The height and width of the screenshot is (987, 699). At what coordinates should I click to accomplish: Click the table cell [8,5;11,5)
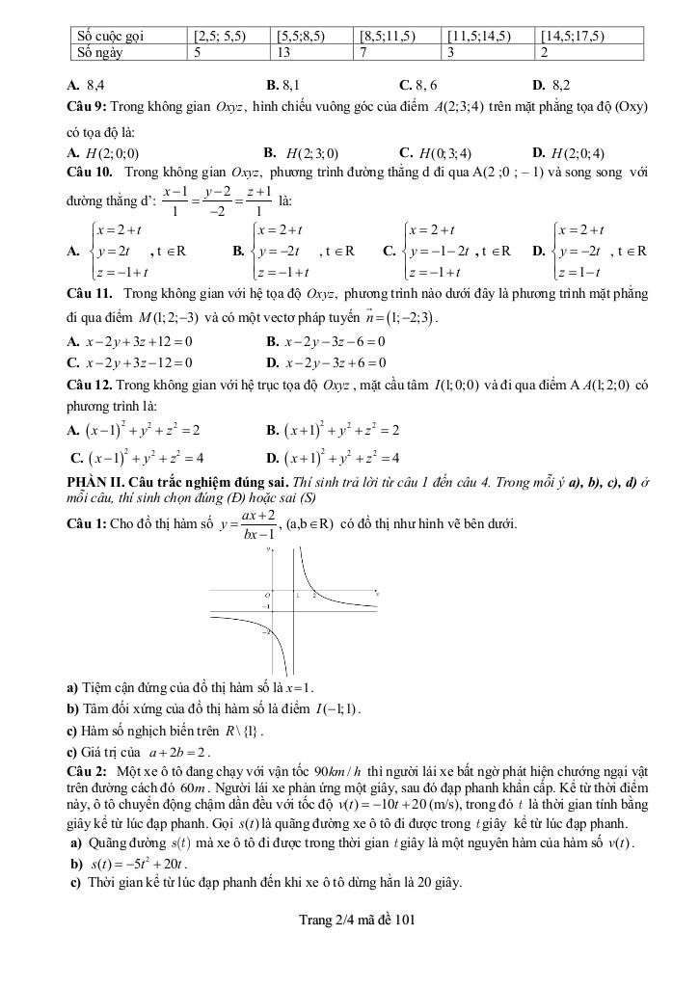[387, 37]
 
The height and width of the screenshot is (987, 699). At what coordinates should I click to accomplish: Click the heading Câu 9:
[87, 104]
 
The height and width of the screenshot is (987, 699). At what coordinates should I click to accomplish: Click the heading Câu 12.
[89, 386]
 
